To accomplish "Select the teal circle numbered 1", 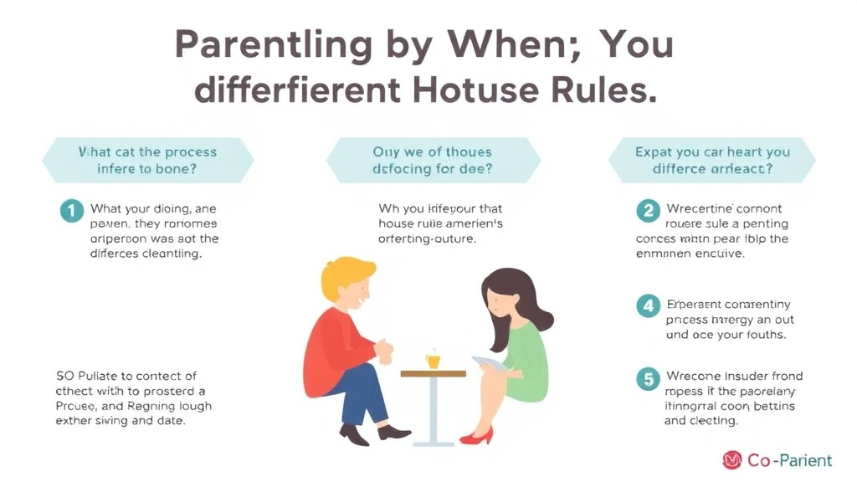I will click(x=72, y=210).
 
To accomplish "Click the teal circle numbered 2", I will click(x=648, y=210).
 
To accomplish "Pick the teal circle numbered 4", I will click(x=648, y=306).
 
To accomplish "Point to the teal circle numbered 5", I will click(x=648, y=379).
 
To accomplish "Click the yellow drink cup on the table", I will click(x=433, y=360).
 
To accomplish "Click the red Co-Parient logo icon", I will click(x=731, y=460).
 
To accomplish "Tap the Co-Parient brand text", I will click(x=790, y=460).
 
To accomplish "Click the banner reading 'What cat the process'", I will click(x=147, y=161).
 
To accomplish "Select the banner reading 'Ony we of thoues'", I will click(x=432, y=161).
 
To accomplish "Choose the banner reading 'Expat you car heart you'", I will click(x=712, y=161).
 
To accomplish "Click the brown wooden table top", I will click(x=433, y=373).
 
